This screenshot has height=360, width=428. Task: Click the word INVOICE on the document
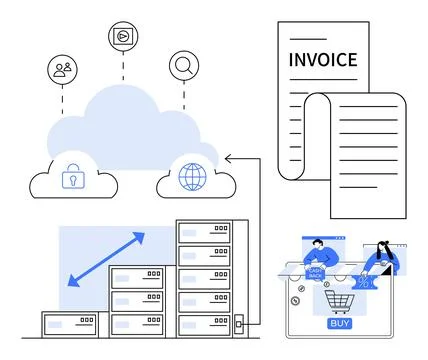[322, 60]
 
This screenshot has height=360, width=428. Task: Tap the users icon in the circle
[62, 69]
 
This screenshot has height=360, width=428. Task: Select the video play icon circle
[122, 35]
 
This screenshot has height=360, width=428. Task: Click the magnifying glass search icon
[183, 66]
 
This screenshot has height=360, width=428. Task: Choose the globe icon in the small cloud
[189, 179]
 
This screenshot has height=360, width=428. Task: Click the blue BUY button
[339, 323]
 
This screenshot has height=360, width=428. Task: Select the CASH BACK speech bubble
[315, 272]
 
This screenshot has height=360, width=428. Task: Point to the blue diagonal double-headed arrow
[106, 259]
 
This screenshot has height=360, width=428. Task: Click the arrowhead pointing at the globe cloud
[228, 158]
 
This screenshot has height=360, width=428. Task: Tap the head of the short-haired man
[318, 245]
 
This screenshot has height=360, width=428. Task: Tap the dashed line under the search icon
[183, 96]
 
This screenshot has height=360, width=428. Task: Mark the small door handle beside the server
[238, 323]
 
